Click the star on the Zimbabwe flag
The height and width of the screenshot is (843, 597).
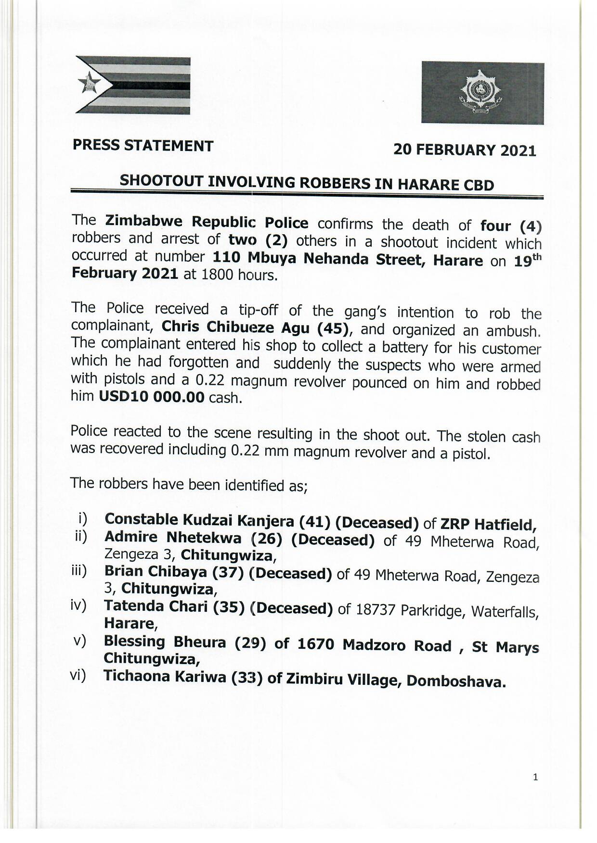coord(90,84)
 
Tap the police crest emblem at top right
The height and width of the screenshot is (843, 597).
coord(482,93)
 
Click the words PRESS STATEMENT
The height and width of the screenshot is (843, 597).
coord(143,146)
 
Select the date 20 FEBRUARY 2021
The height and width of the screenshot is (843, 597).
coord(465,150)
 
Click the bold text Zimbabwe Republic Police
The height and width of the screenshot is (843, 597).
coord(207,223)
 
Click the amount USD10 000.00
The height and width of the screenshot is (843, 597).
coord(152,397)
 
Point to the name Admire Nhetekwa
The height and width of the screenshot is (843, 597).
coord(172,537)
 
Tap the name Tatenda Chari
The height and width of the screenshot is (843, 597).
coord(156,606)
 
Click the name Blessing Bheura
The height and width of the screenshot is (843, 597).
coord(165,642)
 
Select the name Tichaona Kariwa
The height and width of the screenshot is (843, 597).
coord(165,677)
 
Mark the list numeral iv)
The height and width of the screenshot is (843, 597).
coord(78,605)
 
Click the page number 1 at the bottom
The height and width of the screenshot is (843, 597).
coord(535,777)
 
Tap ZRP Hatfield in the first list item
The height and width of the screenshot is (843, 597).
coord(488,524)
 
